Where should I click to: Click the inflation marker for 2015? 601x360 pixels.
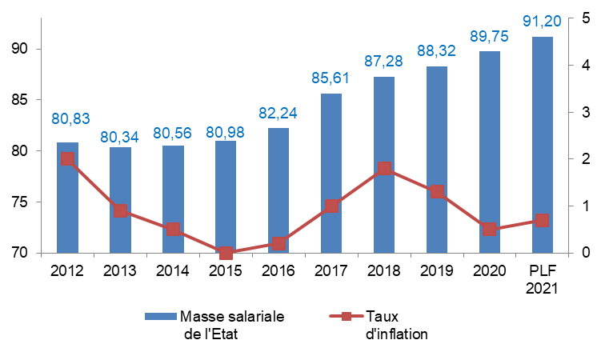tap(226, 253)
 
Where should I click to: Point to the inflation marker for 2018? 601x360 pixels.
tap(384, 169)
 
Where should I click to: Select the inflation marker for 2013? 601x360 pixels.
tap(120, 211)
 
